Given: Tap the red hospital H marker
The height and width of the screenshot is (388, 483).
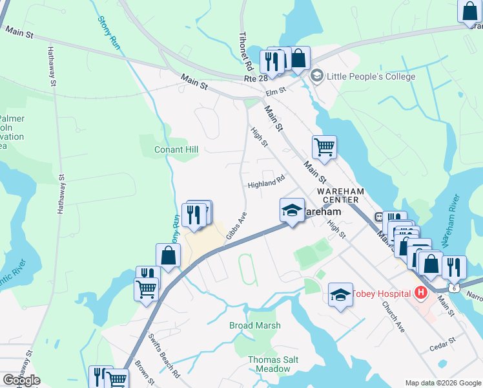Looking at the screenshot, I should point(421,293).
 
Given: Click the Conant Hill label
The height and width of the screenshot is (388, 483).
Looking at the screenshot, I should point(176,149).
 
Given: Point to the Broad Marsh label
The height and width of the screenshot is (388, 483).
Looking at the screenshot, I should point(255,325).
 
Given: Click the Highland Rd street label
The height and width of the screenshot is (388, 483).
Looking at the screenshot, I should point(267,184).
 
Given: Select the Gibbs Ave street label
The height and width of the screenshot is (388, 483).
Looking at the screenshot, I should point(237,226).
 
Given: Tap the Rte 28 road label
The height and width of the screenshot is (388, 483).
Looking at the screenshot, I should point(256,78).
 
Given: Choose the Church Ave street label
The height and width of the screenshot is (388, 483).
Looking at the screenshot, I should point(393,316).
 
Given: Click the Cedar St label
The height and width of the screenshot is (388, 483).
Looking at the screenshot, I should point(444,341).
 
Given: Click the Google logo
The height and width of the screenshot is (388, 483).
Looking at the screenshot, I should point(21,380).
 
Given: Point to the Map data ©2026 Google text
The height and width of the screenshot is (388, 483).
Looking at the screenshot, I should point(443,383).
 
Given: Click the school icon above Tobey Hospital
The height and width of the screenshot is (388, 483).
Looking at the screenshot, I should point(340,296).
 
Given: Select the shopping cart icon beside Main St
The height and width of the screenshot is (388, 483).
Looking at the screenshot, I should point(324,146).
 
